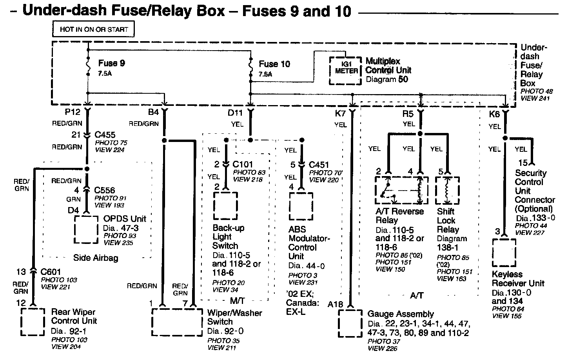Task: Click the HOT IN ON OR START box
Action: click(x=94, y=29)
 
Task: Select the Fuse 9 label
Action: click(x=111, y=63)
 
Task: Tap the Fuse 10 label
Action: click(x=274, y=64)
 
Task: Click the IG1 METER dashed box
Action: click(x=345, y=71)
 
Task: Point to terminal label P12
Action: click(x=73, y=112)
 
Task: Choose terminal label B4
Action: click(x=153, y=112)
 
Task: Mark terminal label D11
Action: click(x=235, y=113)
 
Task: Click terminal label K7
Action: click(x=340, y=114)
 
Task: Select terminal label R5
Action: click(x=408, y=114)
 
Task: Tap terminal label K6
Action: click(x=494, y=114)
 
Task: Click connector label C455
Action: click(x=105, y=135)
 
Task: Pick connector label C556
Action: click(x=105, y=190)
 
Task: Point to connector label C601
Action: click(x=51, y=272)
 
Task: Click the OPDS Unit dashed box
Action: click(x=86, y=229)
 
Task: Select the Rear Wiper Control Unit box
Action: click(x=33, y=322)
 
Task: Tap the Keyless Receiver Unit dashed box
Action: click(x=504, y=253)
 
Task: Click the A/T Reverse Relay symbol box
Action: click(x=401, y=191)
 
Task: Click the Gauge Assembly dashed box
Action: click(x=350, y=324)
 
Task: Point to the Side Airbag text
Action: click(x=96, y=258)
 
